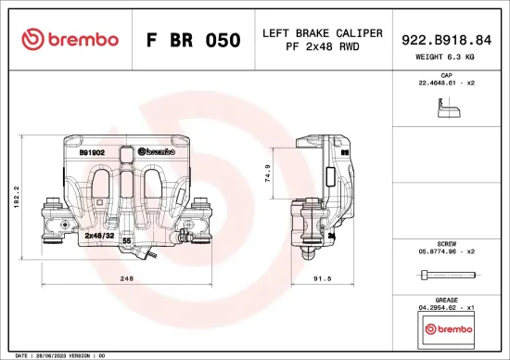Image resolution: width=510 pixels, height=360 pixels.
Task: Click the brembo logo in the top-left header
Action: [x=70, y=40]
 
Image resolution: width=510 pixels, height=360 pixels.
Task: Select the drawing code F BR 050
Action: [x=194, y=41]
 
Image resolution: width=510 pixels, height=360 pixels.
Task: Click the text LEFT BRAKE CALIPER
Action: [x=323, y=32]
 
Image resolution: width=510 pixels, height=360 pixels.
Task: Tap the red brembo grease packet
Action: [x=447, y=329]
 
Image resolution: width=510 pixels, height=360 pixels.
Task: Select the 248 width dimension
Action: [x=128, y=277]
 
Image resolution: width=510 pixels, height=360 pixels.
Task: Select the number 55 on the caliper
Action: [x=126, y=241]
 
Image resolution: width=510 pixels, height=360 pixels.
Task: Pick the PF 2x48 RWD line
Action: [x=323, y=45]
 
